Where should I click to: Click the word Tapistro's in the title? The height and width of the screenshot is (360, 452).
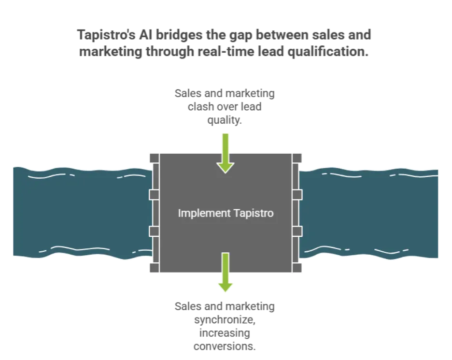point(106,35)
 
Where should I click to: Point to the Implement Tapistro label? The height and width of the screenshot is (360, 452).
point(226,213)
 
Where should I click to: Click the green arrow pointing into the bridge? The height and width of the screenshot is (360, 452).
point(226,153)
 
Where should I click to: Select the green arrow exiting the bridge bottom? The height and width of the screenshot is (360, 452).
point(226,273)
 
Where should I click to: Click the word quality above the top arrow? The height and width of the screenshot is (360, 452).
point(224,120)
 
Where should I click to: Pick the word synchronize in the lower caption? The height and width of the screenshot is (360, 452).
point(225,320)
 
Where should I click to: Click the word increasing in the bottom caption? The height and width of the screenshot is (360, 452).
point(225,333)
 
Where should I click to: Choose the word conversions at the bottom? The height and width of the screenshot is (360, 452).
point(225,346)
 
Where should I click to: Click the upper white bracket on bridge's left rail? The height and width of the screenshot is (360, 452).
point(154,195)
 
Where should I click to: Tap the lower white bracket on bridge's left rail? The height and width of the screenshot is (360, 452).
point(154,231)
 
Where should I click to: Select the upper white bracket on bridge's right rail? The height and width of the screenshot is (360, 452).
point(297,195)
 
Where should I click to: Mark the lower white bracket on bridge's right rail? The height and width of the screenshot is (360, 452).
point(297,231)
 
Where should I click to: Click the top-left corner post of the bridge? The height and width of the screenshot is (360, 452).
point(155,158)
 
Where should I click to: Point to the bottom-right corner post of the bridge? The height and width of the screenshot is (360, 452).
point(297,268)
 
